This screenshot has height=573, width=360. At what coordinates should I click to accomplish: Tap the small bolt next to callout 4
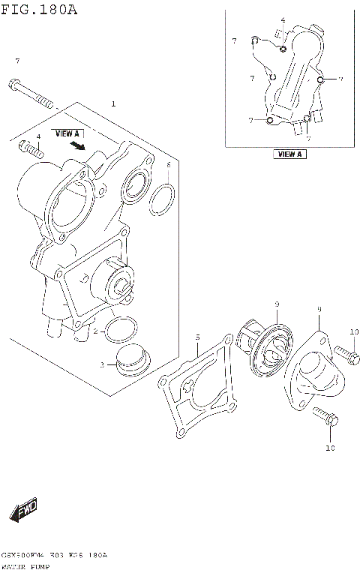[x=32, y=148]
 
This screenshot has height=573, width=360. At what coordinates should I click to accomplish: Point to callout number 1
[x=113, y=103]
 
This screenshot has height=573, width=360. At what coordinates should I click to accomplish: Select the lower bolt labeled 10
[x=323, y=417]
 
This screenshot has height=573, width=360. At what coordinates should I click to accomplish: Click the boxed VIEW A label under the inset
[x=289, y=154]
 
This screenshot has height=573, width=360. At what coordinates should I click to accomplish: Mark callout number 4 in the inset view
[x=283, y=20]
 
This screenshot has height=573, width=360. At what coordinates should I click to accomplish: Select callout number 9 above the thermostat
[x=276, y=304]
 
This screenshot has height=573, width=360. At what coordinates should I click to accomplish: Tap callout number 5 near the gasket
[x=196, y=337]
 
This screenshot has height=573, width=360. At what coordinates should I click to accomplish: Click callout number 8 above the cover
[x=319, y=308]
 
